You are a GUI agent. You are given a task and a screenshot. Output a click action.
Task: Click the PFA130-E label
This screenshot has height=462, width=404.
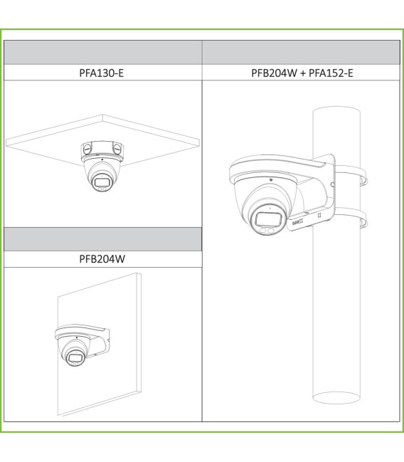[x=101, y=73]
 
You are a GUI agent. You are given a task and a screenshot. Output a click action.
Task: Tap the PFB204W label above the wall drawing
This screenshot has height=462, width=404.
[x=102, y=259]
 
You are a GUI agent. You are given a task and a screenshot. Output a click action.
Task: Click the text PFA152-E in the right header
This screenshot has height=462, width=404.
[x=331, y=73]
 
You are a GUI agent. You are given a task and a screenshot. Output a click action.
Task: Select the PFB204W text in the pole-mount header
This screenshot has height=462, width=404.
[x=274, y=73]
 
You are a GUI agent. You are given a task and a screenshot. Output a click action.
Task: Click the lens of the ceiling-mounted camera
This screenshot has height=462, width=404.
[x=101, y=183]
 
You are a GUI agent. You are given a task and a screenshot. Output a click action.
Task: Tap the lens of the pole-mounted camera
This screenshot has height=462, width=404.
[x=268, y=219]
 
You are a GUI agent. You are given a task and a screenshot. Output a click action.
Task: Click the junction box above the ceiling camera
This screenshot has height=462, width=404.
[x=102, y=149]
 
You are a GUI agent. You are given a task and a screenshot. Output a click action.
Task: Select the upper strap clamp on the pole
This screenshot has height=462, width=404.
[x=351, y=175]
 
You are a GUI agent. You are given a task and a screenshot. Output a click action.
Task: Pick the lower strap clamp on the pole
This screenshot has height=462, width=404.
[x=351, y=217]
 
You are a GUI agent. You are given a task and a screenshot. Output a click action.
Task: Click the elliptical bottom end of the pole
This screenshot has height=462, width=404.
[x=336, y=398]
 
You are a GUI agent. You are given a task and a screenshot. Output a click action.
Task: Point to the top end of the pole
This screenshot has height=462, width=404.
[x=336, y=111]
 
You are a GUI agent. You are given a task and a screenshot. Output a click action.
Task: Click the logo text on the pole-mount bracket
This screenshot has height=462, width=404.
[x=297, y=221]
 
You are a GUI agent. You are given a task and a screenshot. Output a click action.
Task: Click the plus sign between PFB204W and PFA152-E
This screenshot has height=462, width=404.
[x=303, y=73]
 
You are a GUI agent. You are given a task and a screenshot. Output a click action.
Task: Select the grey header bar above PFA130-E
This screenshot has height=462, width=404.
[x=102, y=52]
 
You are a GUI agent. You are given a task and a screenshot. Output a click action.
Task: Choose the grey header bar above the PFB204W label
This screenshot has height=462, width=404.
[x=102, y=239]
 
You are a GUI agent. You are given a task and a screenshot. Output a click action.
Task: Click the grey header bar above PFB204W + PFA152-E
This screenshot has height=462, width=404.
[x=302, y=52]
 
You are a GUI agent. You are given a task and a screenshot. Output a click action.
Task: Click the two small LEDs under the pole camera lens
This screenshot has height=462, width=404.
[x=267, y=231]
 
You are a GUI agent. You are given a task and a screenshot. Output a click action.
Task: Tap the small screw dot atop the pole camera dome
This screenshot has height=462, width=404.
[x=270, y=179]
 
